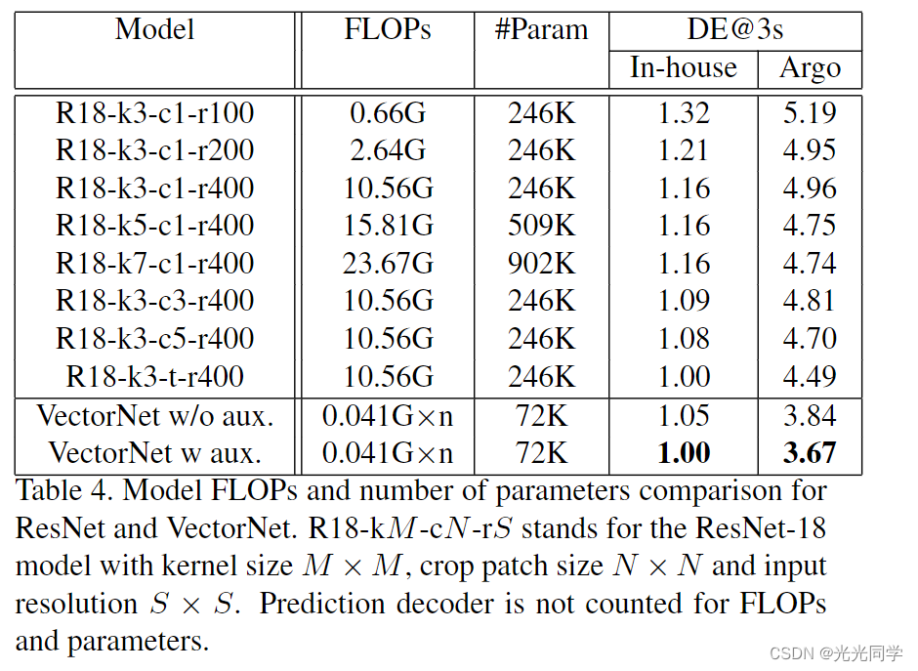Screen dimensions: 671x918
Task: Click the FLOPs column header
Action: (x=387, y=30)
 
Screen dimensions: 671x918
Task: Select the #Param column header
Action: (x=541, y=30)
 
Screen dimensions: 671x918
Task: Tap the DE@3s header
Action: (x=734, y=29)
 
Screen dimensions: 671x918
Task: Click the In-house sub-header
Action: (x=683, y=68)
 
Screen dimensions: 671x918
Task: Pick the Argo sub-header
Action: (x=810, y=68)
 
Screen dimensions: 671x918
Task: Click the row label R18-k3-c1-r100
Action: (x=154, y=113)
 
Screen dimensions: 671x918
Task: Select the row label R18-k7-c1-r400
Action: (x=154, y=264)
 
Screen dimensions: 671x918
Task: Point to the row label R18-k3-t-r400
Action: (x=154, y=376)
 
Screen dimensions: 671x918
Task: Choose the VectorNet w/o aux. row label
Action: (x=154, y=416)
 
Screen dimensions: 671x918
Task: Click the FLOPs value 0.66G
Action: (x=387, y=113)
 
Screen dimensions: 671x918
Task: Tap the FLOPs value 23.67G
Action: (x=387, y=264)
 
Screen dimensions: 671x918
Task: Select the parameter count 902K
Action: (x=541, y=264)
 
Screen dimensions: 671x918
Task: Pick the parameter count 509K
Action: (x=541, y=226)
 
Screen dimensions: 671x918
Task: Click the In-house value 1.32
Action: (x=683, y=113)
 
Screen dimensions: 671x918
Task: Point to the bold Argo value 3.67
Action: (x=810, y=453)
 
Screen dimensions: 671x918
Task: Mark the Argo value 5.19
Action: (x=810, y=113)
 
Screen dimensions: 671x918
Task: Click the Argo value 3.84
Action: (x=810, y=416)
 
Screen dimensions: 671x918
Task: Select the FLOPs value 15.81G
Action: (x=387, y=226)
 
